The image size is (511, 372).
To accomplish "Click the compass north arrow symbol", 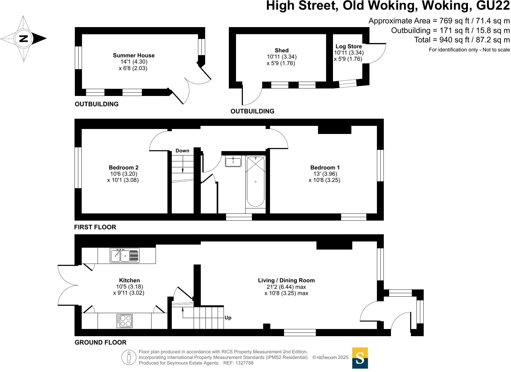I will pos(24,39).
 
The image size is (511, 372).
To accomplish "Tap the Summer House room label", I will pos(133,55).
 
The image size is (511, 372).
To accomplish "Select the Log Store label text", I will pos(349,46).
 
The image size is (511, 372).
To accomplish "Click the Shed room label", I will pos(281,50).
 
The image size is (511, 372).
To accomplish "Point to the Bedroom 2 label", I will pos(123,168).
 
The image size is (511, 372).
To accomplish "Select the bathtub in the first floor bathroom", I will pos(255,181).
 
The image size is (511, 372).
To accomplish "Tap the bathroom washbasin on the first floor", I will pos(233,161).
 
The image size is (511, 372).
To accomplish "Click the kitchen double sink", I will pos(124,255).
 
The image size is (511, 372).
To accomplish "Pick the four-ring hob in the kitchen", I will pos(124,321).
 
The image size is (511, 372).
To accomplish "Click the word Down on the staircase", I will pos(182,151).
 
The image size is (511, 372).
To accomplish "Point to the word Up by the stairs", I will pos(228,318).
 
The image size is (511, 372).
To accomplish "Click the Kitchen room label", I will pos(129,280).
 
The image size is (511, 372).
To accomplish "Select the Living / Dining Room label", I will pos(286,280).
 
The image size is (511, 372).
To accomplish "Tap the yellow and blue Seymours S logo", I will pos(360,358).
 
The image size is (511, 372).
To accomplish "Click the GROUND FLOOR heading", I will pos(100,342).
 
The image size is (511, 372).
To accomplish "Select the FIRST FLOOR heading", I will pos(95,227).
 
